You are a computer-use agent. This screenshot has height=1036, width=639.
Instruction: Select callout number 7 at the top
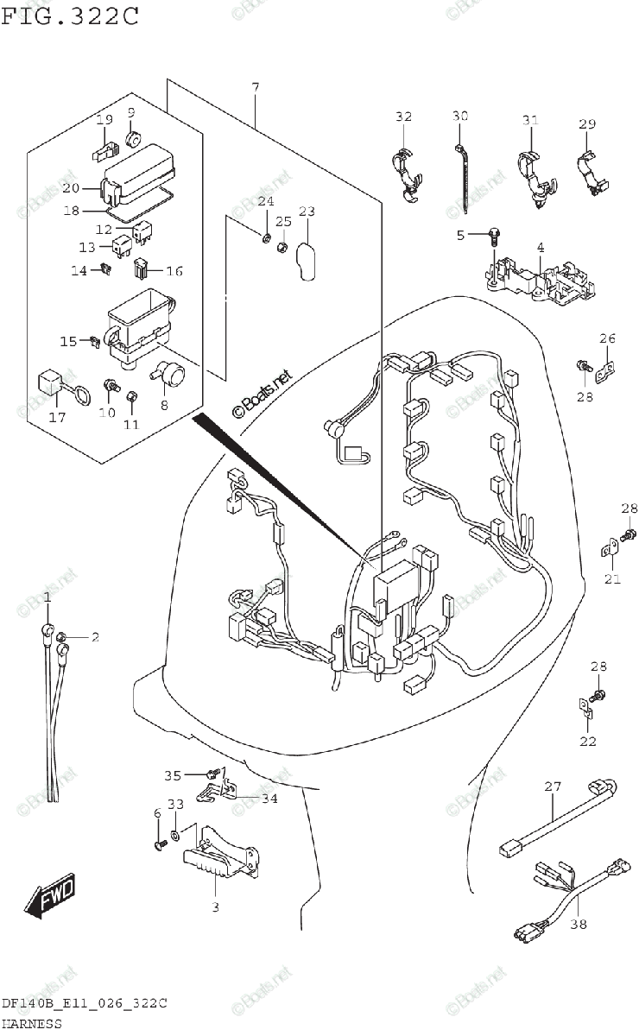point(256,87)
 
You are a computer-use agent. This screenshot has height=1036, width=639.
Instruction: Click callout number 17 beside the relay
point(57,418)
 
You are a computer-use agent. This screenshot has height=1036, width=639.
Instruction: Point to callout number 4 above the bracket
point(540,248)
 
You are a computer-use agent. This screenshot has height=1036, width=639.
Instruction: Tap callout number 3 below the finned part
point(215,906)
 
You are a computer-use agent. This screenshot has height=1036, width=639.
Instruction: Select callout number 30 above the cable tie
point(459,117)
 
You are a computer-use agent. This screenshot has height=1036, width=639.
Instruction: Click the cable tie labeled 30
point(464,177)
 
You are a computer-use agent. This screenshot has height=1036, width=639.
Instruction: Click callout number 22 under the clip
point(587,741)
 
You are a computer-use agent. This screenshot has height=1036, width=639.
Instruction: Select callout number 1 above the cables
point(47,597)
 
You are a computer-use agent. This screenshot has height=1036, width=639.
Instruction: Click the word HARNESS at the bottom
point(31,1024)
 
